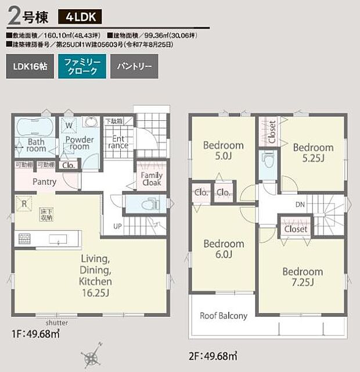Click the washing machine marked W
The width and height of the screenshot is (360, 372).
pyautogui.click(x=69, y=125)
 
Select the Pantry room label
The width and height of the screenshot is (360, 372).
pyautogui.click(x=44, y=182)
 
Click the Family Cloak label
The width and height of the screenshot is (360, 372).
pyautogui.click(x=152, y=178)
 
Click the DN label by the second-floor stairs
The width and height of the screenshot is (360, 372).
pyautogui.click(x=300, y=205)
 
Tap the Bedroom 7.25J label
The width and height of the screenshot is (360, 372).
pyautogui.click(x=302, y=277)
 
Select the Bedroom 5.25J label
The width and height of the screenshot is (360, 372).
pyautogui.click(x=313, y=152)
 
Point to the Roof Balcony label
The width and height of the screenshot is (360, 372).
pyautogui.click(x=224, y=316)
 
